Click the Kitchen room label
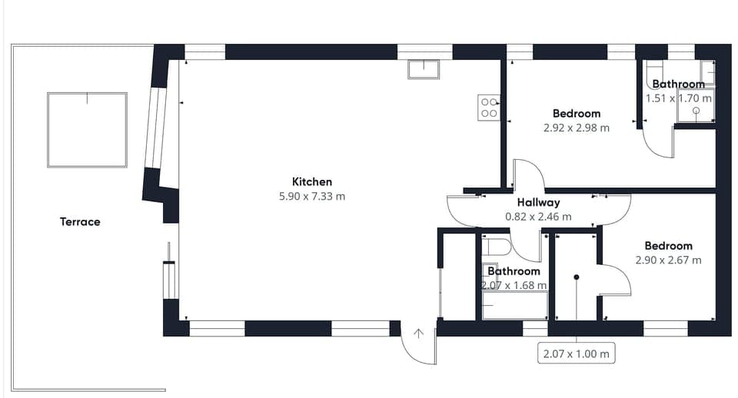[312, 182]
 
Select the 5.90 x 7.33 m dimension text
[312, 197]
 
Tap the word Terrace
[80, 222]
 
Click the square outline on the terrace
[87, 130]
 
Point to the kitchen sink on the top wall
[423, 70]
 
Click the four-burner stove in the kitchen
[489, 108]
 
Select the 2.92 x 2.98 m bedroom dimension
[576, 128]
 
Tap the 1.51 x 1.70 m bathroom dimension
[679, 98]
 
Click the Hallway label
[538, 203]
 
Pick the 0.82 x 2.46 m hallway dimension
[538, 217]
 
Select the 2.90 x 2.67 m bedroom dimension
[668, 260]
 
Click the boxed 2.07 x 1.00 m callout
[576, 354]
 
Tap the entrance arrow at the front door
[419, 333]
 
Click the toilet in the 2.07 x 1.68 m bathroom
[498, 247]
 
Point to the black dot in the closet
[576, 277]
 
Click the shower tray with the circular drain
[696, 111]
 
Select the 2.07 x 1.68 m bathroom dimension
[514, 285]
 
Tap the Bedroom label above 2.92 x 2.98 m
[576, 114]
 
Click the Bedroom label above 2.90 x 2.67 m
[668, 246]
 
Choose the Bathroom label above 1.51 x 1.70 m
[678, 85]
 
